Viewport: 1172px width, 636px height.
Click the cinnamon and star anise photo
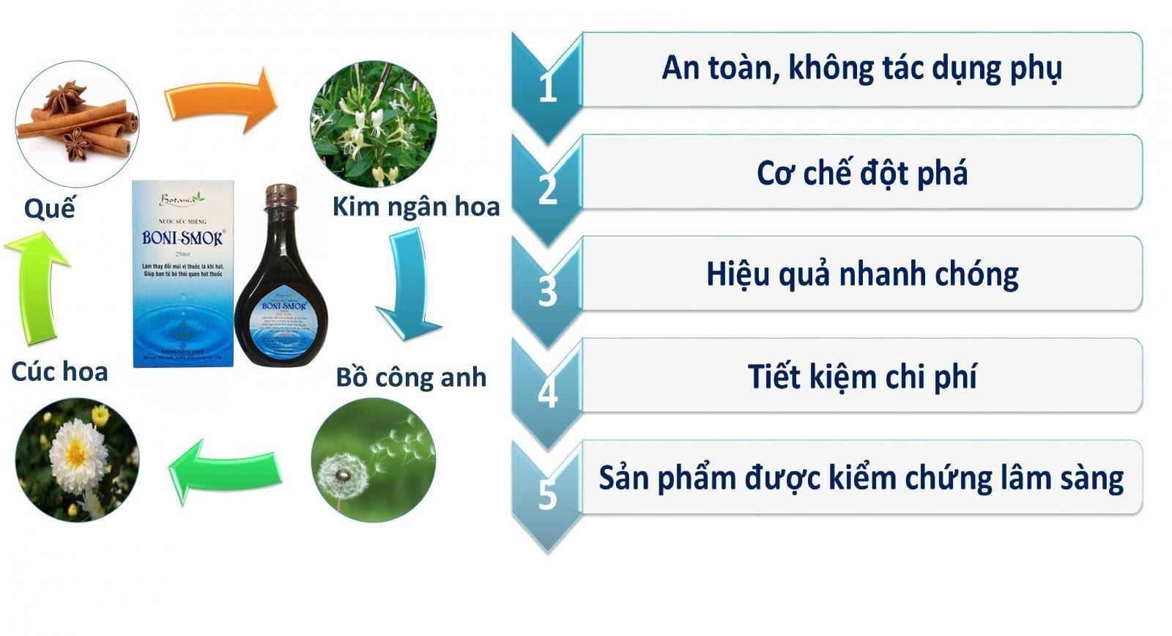point(77,122)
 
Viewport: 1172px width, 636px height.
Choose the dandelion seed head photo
point(374,460)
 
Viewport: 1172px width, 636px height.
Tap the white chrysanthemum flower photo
point(77,460)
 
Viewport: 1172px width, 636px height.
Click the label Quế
point(49,210)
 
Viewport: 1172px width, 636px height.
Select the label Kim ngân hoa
point(415,207)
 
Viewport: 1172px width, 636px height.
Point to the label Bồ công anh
point(411,377)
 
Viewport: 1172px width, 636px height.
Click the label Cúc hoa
point(59,371)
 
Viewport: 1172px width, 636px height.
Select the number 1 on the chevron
point(547,88)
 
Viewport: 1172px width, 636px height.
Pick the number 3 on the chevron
point(547,292)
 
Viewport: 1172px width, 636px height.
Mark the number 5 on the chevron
point(547,495)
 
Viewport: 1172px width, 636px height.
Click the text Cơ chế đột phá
point(862,174)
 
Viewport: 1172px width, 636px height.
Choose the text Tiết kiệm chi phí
point(862,377)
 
